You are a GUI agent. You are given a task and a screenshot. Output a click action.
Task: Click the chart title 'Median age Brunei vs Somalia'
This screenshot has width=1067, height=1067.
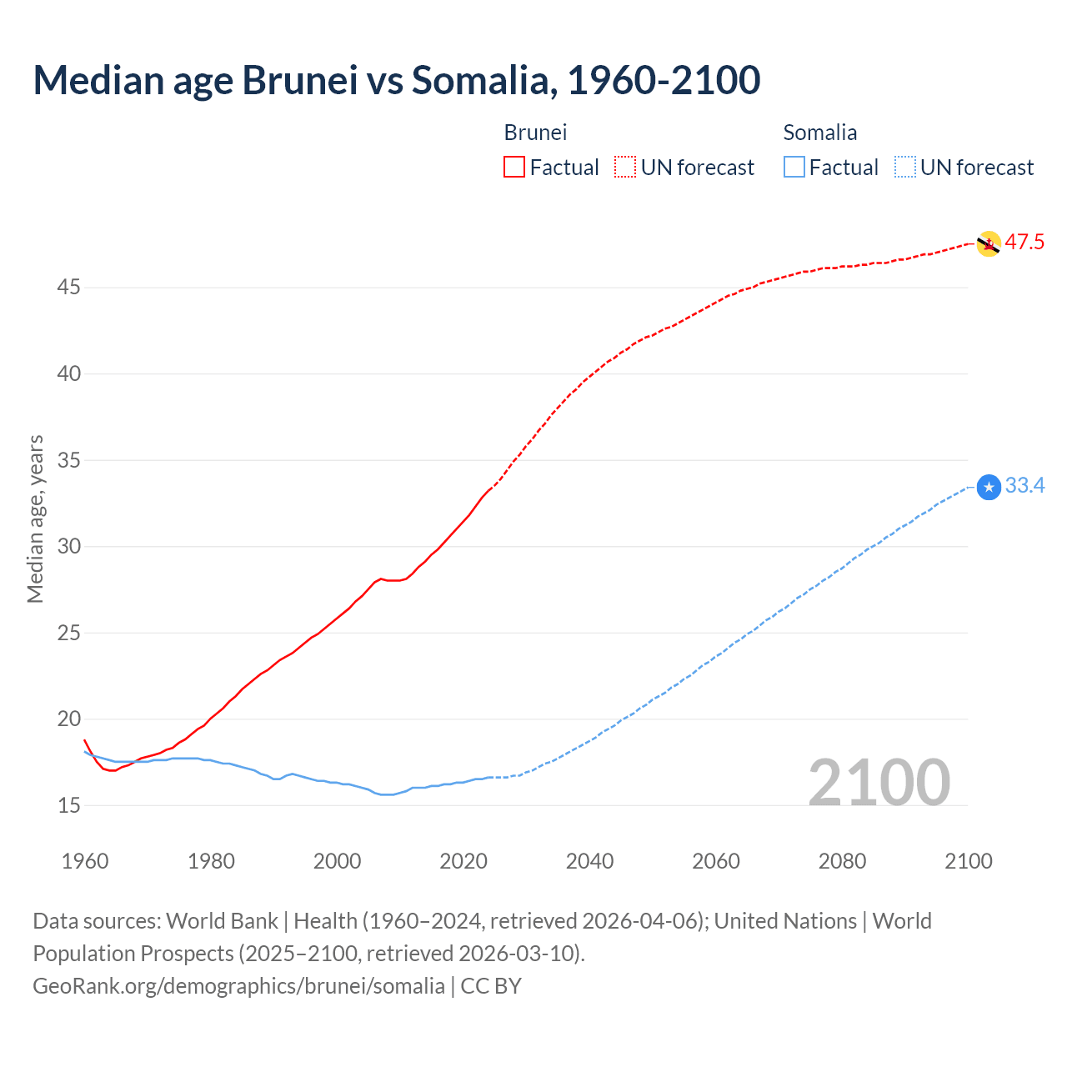(396, 80)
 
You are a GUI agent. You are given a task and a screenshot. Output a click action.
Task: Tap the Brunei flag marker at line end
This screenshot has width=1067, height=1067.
(989, 243)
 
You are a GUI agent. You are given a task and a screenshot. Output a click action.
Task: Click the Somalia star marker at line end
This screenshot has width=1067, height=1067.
(989, 487)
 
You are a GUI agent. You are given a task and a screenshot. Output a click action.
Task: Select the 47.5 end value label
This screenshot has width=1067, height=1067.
(1024, 243)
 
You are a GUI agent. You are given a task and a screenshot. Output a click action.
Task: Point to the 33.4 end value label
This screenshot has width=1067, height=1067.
(1024, 486)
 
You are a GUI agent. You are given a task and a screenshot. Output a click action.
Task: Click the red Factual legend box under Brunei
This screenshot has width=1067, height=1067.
(514, 168)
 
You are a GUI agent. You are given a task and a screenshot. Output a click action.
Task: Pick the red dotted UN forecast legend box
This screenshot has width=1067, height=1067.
(625, 168)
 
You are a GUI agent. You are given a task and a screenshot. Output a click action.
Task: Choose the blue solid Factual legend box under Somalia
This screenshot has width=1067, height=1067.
(794, 168)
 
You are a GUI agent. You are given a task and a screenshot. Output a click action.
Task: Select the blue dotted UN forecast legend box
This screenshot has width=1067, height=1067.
(904, 168)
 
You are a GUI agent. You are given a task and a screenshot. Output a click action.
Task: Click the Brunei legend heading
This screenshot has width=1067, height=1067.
(535, 133)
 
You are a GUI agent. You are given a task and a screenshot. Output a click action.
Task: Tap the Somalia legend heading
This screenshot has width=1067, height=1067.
(819, 133)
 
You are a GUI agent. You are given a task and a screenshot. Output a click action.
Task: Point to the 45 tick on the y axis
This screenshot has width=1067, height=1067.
(68, 288)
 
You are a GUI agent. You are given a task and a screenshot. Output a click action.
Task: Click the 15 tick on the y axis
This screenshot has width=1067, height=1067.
(68, 806)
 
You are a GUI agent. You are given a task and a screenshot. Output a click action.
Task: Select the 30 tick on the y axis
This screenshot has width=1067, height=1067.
(68, 547)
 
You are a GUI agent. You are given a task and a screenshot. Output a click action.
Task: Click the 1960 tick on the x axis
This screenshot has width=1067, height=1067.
(85, 861)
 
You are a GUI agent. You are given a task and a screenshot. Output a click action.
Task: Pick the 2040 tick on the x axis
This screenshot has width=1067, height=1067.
(589, 861)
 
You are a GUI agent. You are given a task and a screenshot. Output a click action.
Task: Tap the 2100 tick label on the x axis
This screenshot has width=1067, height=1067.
(969, 861)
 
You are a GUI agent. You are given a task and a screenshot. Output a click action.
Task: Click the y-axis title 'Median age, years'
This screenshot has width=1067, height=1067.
(35, 518)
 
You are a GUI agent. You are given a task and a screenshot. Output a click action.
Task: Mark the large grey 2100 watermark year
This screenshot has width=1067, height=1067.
(879, 782)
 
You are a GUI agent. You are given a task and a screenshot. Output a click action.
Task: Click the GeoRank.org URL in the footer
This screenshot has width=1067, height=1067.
(238, 986)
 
